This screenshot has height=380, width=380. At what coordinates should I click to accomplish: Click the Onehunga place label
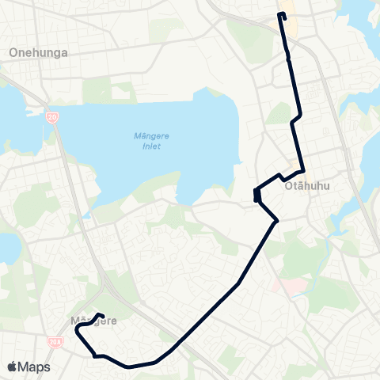[37, 52]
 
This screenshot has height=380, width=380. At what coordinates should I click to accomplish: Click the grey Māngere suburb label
[93, 321]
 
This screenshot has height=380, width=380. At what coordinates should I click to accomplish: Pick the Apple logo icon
[13, 367]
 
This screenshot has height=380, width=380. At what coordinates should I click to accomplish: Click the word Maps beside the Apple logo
[35, 367]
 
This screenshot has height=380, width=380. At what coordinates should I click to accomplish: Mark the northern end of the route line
[282, 14]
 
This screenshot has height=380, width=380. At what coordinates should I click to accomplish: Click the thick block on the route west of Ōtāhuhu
[257, 193]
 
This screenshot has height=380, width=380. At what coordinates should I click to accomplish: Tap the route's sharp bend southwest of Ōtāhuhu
[275, 221]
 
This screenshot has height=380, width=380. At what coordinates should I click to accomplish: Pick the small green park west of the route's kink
[279, 114]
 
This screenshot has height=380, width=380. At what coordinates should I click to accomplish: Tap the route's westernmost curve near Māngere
[77, 333]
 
